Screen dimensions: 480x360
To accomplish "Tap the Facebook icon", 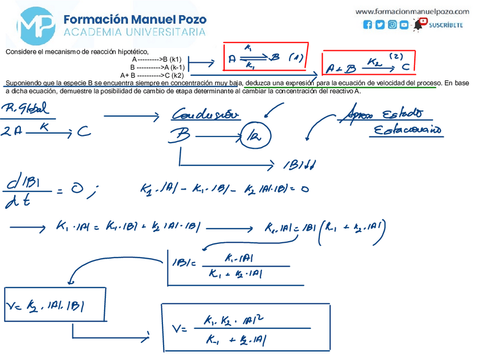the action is coord(368,25).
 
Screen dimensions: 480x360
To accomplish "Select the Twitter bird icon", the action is coord(380,25).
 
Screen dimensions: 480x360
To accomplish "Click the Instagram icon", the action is coord(392,25).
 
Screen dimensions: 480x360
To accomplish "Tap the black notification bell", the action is coord(419,25).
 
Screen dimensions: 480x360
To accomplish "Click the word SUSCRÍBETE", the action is coord(445,25).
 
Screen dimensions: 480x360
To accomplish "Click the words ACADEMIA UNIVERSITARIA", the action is coord(134,32).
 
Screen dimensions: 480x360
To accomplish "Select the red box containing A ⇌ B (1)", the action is coord(265,58).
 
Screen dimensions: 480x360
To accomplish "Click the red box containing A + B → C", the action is coord(368,63).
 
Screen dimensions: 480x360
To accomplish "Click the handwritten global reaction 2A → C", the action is coord(45,131).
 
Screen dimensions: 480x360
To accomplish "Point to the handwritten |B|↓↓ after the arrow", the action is coord(299,165).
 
